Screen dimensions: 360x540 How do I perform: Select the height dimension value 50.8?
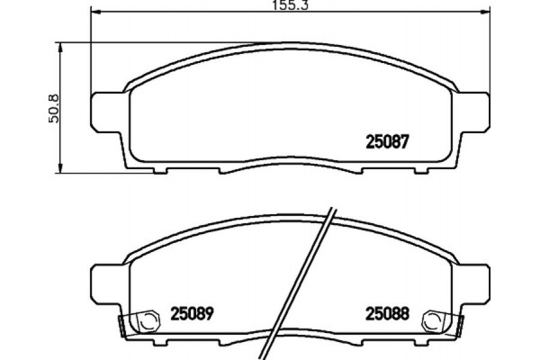click(53, 106)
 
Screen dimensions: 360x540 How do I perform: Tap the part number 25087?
click(387, 141)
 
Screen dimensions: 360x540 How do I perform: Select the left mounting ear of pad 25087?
click(106, 110)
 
